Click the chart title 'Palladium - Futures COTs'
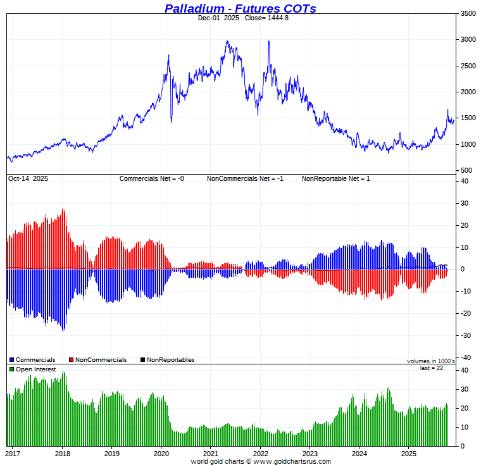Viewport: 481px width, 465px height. pyautogui.click(x=240, y=8)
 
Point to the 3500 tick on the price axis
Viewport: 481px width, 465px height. pyautogui.click(x=468, y=13)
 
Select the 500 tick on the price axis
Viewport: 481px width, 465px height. pyautogui.click(x=466, y=170)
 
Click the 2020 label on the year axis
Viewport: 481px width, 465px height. pyautogui.click(x=161, y=453)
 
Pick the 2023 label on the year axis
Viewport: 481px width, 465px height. pyautogui.click(x=310, y=453)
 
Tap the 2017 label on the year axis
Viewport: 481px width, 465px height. pyautogui.click(x=13, y=453)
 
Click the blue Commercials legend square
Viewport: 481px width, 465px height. pyautogui.click(x=11, y=360)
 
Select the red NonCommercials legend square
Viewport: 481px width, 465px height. pyautogui.click(x=71, y=360)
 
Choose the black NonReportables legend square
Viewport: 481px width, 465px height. pyautogui.click(x=142, y=360)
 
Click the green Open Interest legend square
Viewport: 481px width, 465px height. pyautogui.click(x=11, y=369)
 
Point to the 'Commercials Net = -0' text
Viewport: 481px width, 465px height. pyautogui.click(x=152, y=179)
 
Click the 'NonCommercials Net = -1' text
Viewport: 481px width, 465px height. pyautogui.click(x=245, y=179)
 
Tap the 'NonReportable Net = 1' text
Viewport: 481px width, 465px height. pyautogui.click(x=335, y=179)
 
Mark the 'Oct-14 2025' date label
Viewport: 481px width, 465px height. pyautogui.click(x=28, y=179)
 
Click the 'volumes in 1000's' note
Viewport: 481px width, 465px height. pyautogui.click(x=430, y=361)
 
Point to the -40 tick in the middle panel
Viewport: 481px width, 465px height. pyautogui.click(x=463, y=357)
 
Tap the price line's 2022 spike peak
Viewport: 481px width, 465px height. pyautogui.click(x=269, y=42)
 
